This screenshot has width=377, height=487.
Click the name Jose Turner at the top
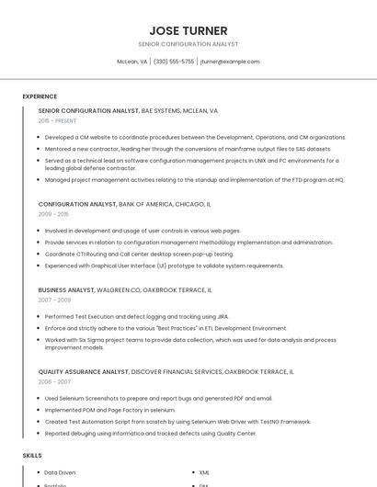point(188,30)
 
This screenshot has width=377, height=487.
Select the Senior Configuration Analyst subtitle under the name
point(188,44)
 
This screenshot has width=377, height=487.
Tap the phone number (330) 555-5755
point(174,62)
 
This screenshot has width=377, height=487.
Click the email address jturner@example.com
point(230,62)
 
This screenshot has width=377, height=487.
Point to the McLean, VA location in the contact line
point(131,62)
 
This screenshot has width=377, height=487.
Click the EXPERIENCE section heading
point(40,96)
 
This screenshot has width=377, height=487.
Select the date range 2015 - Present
point(57,120)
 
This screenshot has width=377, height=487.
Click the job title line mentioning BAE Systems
point(128,110)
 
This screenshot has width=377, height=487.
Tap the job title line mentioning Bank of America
point(124,204)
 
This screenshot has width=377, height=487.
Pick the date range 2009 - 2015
point(53,214)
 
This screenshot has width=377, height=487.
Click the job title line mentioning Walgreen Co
point(125,289)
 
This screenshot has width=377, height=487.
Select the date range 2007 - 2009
point(54,300)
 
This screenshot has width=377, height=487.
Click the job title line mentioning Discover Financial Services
point(166,372)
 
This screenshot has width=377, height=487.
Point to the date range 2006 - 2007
point(54,382)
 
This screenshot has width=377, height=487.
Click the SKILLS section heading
point(32,456)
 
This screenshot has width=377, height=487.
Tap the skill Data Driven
point(60,472)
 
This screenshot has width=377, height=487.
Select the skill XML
point(204,472)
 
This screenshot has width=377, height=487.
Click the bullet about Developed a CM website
point(195,137)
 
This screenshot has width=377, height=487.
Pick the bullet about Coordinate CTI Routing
point(139,254)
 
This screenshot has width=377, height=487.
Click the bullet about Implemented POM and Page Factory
point(109,410)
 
